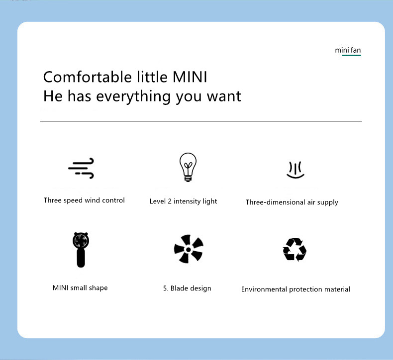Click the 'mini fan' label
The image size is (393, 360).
click(348, 50)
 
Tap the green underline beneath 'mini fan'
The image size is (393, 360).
click(351, 55)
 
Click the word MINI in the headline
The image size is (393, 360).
click(190, 77)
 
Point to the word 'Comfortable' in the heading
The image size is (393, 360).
click(88, 77)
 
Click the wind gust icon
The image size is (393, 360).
click(81, 168)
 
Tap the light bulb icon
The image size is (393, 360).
click(188, 167)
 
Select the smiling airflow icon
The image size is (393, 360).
click(295, 170)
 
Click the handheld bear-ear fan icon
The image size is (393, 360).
click(81, 250)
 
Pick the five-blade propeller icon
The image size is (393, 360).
click(189, 249)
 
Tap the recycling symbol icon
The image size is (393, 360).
click(295, 250)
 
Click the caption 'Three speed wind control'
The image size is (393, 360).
click(84, 200)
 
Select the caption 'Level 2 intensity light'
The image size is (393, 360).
click(183, 201)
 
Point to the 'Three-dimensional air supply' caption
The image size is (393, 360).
click(292, 202)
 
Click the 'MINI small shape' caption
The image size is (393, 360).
click(80, 288)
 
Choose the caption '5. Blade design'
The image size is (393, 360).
click(187, 288)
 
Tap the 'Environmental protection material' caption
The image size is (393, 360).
click(295, 289)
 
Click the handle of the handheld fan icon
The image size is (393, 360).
click(81, 258)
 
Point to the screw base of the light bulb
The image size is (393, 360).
click(188, 179)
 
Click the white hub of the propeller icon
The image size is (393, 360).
click(188, 250)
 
